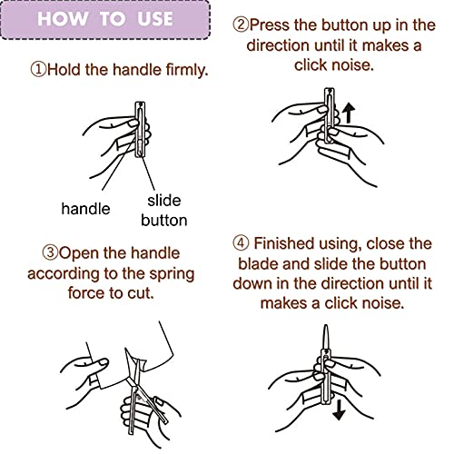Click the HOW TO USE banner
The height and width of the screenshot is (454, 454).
tap(105, 20)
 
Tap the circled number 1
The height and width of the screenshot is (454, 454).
tap(38, 69)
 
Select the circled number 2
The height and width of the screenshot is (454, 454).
tap(241, 25)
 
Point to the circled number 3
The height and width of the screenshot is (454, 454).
tap(50, 252)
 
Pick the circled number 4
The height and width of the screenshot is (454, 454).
tap(241, 243)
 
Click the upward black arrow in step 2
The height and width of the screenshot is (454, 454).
tap(349, 113)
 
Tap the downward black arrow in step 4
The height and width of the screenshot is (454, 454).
tap(339, 410)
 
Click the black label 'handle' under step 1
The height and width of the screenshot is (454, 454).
tap(85, 209)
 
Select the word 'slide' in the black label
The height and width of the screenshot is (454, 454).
tap(164, 201)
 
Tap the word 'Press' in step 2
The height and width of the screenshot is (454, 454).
tap(270, 25)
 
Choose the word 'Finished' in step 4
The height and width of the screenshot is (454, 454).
tap(283, 243)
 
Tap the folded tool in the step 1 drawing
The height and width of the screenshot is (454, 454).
tap(140, 130)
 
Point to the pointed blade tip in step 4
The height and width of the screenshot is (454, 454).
tap(326, 325)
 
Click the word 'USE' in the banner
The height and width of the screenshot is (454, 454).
tap(155, 19)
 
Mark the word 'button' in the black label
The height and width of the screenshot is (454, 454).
tap(164, 220)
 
